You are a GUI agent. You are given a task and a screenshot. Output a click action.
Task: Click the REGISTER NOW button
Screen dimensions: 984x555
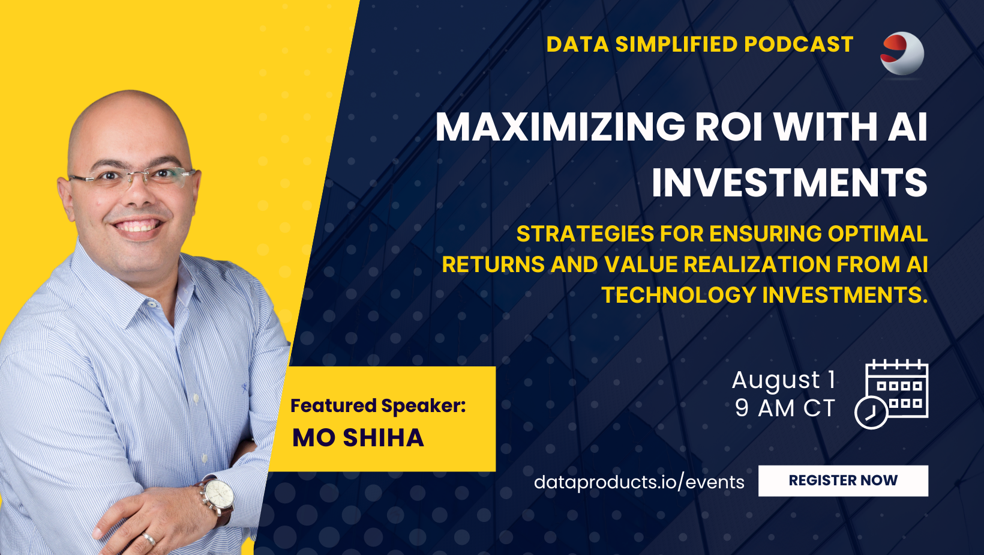click(843, 481)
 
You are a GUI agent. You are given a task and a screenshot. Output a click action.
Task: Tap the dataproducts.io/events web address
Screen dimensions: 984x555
click(639, 482)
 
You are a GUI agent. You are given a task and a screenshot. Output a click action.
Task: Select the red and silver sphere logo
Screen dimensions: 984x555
click(902, 53)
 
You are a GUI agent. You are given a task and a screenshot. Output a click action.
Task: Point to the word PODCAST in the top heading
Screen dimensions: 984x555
click(799, 44)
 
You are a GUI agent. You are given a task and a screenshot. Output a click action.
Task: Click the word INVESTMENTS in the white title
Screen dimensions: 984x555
click(790, 181)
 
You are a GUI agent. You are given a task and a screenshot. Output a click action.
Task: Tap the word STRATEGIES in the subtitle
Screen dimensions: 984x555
click(585, 234)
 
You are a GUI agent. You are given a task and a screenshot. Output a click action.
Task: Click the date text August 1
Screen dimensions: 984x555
click(784, 380)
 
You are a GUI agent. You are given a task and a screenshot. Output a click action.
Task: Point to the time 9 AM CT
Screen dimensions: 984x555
click(785, 408)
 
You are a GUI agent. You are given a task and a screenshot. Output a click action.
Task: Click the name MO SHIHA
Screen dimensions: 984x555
click(358, 438)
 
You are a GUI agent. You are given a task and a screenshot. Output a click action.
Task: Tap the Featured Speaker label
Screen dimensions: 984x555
click(378, 405)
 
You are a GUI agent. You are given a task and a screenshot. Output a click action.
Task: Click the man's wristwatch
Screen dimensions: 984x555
click(216, 500)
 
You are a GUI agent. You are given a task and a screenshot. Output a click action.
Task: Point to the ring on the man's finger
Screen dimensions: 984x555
click(148, 538)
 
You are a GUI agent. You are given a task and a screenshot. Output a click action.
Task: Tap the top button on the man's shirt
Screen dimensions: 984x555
click(152, 303)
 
